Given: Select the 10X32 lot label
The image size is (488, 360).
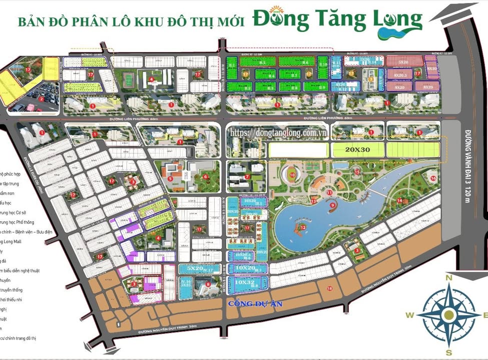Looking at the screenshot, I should tap(245, 282).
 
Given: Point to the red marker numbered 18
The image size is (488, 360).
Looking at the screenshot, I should tap(329, 288).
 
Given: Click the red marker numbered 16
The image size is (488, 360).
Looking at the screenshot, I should tap(433, 178).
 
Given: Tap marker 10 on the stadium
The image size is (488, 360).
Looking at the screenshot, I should tap(292, 175).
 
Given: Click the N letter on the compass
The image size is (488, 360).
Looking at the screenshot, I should tap(449, 278).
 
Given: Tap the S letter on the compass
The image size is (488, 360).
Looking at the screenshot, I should tap(449, 352).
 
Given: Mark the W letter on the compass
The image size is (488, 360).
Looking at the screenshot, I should tap(409, 315).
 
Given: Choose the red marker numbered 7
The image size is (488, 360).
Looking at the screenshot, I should tap(247, 176).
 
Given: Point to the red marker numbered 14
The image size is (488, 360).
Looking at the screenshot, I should tap(399, 201).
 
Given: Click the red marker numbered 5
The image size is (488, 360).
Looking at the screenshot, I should tap(170, 177).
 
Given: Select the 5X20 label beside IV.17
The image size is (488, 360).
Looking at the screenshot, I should tap(194, 268).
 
